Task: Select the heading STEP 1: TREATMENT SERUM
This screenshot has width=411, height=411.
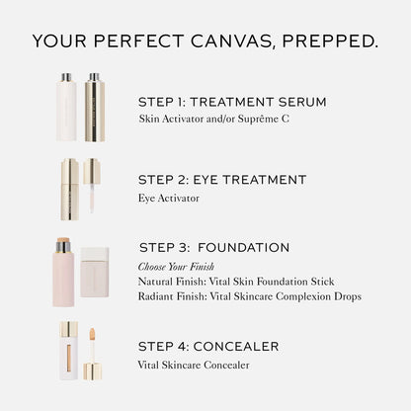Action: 231,101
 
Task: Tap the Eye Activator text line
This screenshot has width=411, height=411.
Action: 169,198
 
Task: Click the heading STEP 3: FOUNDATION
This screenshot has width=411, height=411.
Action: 214,247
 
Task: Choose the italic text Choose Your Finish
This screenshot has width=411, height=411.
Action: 176,267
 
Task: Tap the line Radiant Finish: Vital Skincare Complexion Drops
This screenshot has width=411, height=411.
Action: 250,295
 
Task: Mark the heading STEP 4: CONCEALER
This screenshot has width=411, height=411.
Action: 208,346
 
